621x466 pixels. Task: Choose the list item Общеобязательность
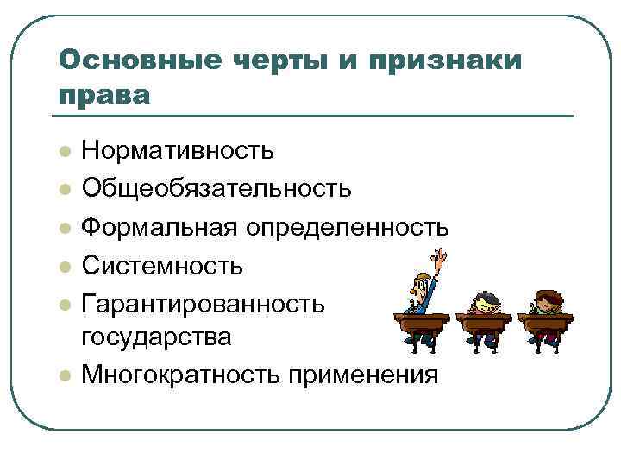[216, 188]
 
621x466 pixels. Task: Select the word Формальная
[160, 226]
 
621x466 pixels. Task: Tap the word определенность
[348, 226]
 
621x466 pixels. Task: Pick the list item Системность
[162, 264]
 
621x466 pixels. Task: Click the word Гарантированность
[204, 302]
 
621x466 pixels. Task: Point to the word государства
[156, 337]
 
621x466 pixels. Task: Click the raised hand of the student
[443, 257]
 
